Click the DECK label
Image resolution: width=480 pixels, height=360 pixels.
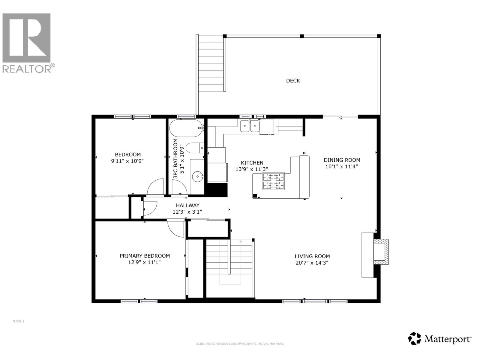tap(293, 80)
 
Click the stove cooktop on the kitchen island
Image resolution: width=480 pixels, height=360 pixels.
tap(273, 181)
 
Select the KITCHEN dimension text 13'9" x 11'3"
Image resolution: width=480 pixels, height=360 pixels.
tap(251, 169)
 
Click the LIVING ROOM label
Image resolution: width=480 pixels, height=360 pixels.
tap(312, 256)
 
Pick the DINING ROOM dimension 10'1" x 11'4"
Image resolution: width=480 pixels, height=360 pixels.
tap(341, 166)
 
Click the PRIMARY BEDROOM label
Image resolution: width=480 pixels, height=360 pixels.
tap(145, 256)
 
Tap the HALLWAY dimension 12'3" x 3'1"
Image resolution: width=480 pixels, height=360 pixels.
tap(187, 212)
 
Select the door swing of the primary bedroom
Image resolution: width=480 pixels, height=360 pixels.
tap(175, 229)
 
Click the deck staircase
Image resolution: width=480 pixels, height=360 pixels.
tap(211, 64)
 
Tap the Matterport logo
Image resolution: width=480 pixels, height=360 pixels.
tap(440, 339)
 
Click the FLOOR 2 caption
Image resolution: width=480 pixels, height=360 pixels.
tap(18, 321)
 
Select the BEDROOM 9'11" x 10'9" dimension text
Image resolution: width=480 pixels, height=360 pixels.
tap(127, 161)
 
